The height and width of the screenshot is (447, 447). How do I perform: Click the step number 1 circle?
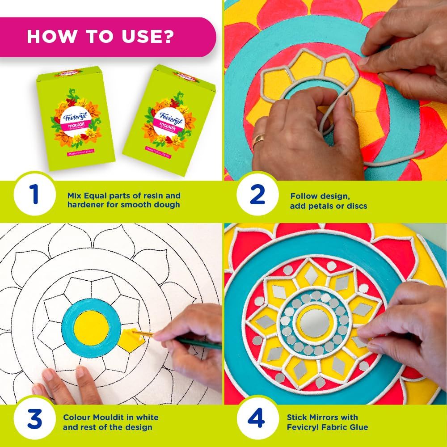(x=34, y=195)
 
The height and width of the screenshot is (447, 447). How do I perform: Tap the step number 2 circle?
(x=258, y=195)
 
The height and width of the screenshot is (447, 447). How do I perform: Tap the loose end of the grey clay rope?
(x=420, y=154)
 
